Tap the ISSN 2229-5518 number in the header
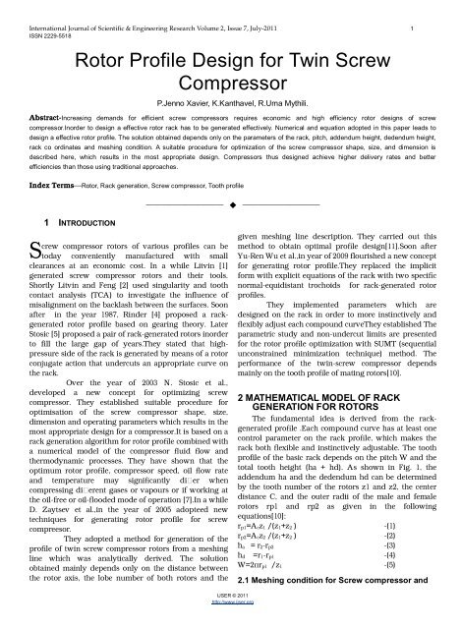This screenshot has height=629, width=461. tap(35, 23)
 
